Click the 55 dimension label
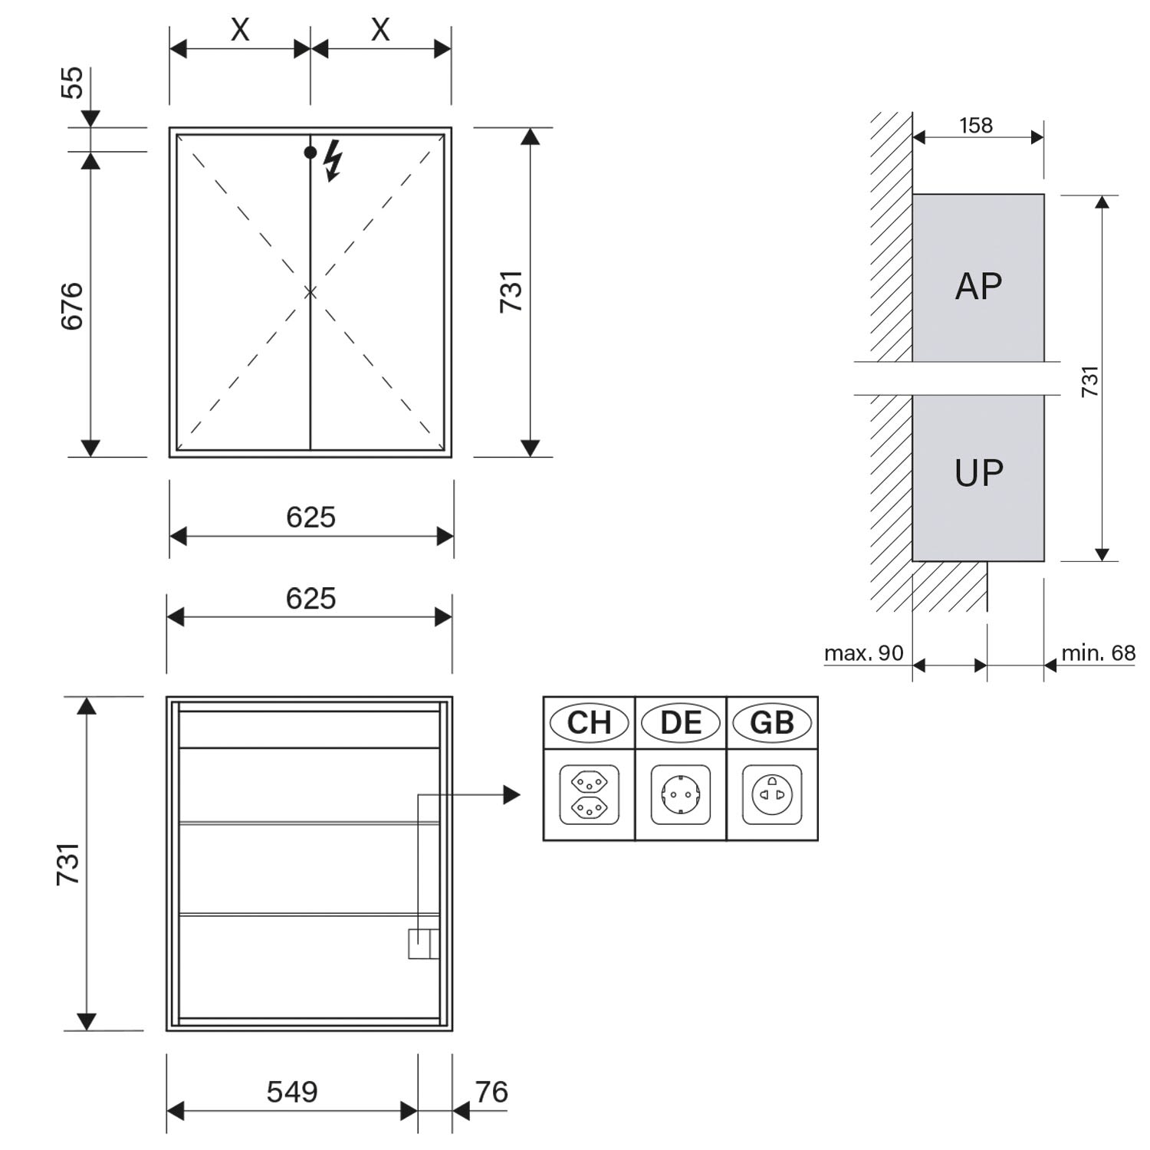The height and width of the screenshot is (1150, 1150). (72, 83)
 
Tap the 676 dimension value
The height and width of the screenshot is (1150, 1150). (72, 307)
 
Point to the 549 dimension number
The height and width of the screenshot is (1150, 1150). (292, 1091)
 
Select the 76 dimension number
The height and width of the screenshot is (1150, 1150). (491, 1091)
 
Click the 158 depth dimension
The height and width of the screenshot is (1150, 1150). (976, 125)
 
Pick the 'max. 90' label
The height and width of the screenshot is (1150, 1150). (863, 653)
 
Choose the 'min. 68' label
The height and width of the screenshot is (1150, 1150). (1098, 653)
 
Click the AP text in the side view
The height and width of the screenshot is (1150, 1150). (978, 286)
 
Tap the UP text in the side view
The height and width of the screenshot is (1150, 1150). (978, 473)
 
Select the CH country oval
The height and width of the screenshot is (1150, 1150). (589, 723)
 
